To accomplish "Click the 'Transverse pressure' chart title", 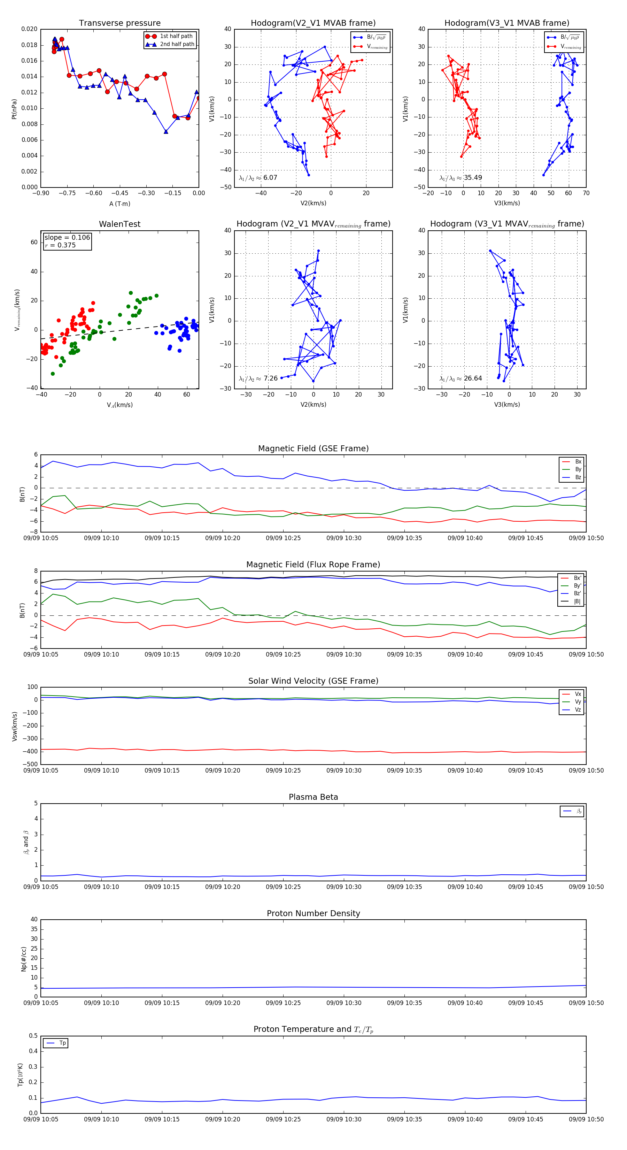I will pyautogui.click(x=119, y=23).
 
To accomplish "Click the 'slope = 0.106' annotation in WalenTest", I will pyautogui.click(x=67, y=238).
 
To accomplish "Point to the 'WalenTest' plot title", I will pyautogui.click(x=119, y=224).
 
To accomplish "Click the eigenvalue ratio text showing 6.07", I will pyautogui.click(x=258, y=178).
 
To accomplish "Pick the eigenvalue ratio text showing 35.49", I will pyautogui.click(x=460, y=178).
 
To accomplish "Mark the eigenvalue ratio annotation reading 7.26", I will pyautogui.click(x=258, y=378).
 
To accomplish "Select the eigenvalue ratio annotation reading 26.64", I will pyautogui.click(x=460, y=378).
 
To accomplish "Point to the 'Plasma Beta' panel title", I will pyautogui.click(x=313, y=797).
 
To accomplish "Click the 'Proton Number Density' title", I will pyautogui.click(x=313, y=913).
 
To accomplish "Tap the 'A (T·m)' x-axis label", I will pyautogui.click(x=119, y=204).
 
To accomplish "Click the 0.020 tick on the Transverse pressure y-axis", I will pyautogui.click(x=30, y=29).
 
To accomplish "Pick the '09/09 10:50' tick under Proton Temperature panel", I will pyautogui.click(x=586, y=1119).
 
